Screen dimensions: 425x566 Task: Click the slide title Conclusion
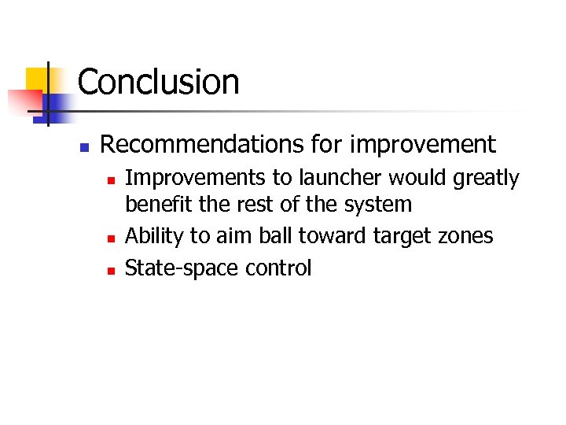click(158, 82)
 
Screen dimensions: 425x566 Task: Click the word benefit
click(153, 205)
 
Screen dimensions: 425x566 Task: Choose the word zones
click(465, 237)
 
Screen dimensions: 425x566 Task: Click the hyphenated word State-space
click(182, 269)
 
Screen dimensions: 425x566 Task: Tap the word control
click(278, 268)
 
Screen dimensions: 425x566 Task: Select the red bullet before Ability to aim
click(111, 238)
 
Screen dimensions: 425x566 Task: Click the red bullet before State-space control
click(111, 270)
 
